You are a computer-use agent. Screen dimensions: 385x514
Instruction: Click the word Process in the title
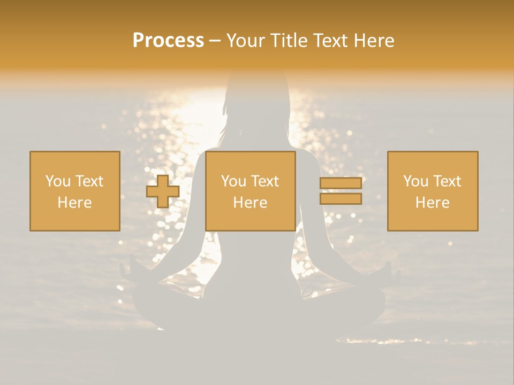pyautogui.click(x=168, y=41)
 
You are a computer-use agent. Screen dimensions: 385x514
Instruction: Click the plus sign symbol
pyautogui.click(x=163, y=191)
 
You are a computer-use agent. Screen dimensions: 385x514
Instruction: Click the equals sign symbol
pyautogui.click(x=341, y=191)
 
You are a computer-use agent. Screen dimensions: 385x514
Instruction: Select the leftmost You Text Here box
pyautogui.click(x=75, y=191)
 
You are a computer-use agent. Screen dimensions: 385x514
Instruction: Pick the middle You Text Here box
pyautogui.click(x=251, y=191)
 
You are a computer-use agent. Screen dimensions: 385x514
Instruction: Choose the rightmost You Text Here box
pyautogui.click(x=433, y=191)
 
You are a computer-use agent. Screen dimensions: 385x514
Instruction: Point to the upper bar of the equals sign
pyautogui.click(x=341, y=183)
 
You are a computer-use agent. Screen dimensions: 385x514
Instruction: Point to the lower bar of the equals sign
pyautogui.click(x=341, y=198)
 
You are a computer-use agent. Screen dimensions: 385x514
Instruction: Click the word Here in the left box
pyautogui.click(x=74, y=203)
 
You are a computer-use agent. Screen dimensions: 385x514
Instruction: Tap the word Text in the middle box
pyautogui.click(x=264, y=181)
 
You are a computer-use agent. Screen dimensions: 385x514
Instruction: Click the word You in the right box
pyautogui.click(x=415, y=181)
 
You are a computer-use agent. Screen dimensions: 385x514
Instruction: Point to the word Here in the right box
pyautogui.click(x=432, y=203)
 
